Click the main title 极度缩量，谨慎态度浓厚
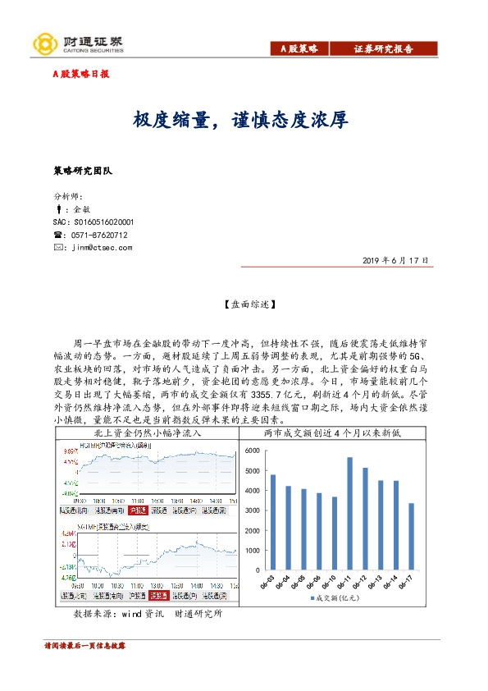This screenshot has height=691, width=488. tap(242, 120)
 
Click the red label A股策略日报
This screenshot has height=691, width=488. tap(80, 74)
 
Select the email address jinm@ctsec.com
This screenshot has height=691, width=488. tap(102, 246)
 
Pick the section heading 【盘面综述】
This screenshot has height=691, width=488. tap(244, 305)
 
